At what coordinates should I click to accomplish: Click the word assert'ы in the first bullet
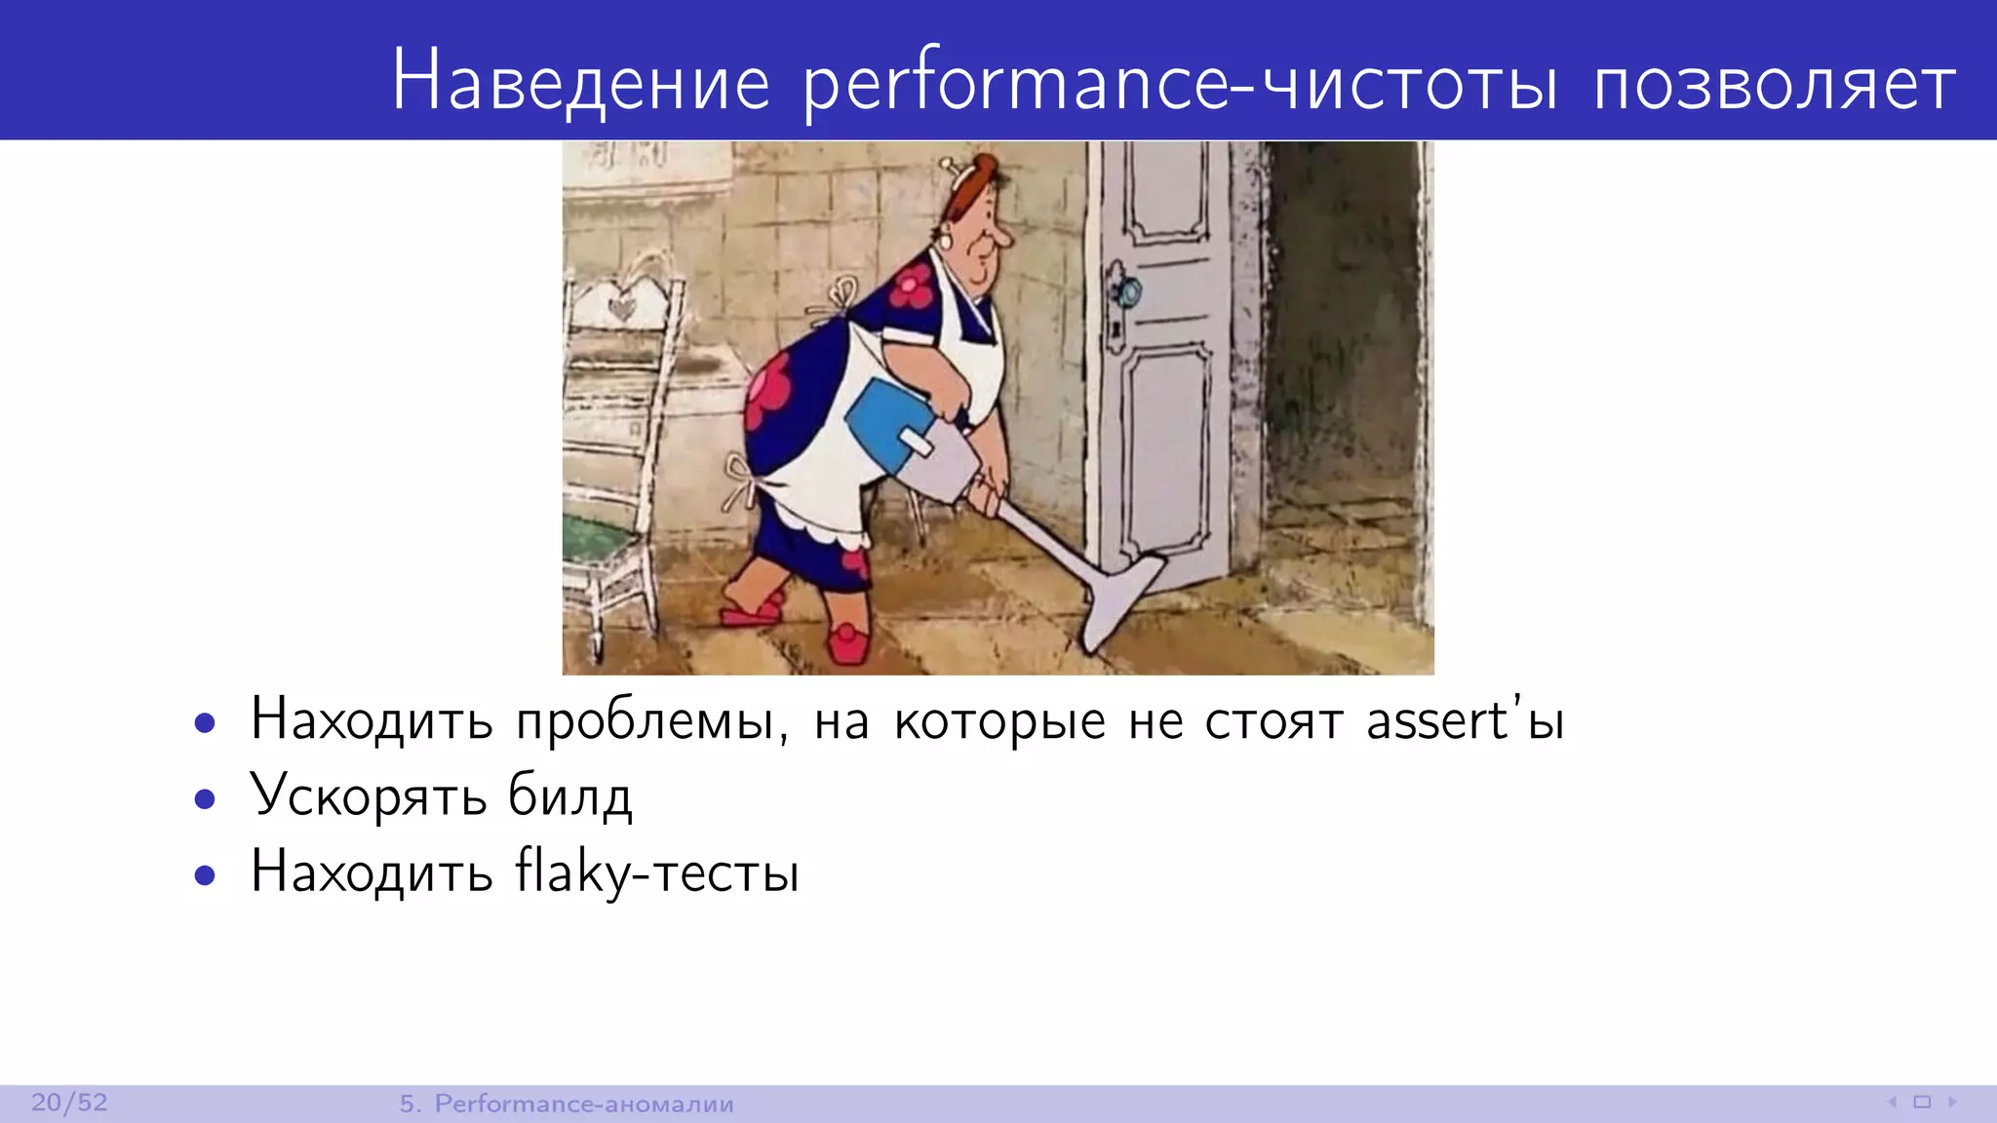[1465, 722]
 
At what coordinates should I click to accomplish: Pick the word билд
[569, 797]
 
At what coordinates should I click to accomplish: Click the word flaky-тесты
[657, 872]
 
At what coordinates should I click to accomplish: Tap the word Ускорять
[369, 797]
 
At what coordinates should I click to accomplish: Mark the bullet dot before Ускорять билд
[205, 799]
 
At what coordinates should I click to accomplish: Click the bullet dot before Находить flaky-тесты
[205, 874]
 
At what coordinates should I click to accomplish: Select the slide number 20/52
[69, 1103]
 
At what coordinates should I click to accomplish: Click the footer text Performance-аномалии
[583, 1104]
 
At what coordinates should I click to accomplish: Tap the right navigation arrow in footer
[1952, 1103]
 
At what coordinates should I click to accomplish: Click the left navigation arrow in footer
[1892, 1103]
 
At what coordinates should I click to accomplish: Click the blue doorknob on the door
[1127, 290]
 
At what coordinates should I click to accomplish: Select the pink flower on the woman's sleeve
[913, 286]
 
